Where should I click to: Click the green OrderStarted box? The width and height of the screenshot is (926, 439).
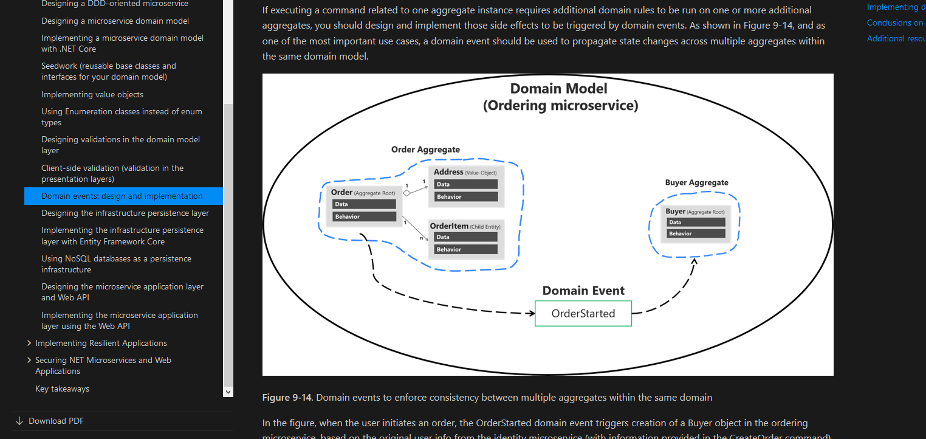(x=583, y=314)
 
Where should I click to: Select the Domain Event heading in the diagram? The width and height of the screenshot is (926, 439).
(x=583, y=291)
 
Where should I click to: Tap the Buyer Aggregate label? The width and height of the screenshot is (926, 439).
(x=696, y=182)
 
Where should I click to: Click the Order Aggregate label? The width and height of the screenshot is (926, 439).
(x=425, y=150)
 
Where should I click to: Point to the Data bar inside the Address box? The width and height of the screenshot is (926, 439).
(x=466, y=184)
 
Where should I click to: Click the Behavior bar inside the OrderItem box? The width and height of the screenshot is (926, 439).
(x=466, y=249)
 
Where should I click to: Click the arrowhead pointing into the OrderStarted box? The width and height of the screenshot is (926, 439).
(x=530, y=313)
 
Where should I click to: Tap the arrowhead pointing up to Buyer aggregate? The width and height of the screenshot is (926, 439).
(x=694, y=262)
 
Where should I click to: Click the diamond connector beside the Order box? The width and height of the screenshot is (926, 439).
(x=407, y=193)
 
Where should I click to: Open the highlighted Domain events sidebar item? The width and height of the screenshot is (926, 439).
(x=122, y=196)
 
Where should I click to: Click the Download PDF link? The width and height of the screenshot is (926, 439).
(x=56, y=421)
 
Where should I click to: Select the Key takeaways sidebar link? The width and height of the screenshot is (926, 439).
(x=62, y=389)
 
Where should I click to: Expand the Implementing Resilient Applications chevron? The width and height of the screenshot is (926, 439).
(x=29, y=343)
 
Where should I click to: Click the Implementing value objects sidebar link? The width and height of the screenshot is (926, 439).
(x=92, y=94)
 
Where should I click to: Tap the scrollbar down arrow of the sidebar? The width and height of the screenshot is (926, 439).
(x=228, y=392)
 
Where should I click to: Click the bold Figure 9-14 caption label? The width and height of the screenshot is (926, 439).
(x=287, y=398)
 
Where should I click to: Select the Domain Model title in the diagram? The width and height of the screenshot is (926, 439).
(x=558, y=89)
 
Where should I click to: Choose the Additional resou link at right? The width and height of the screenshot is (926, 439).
(x=896, y=38)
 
